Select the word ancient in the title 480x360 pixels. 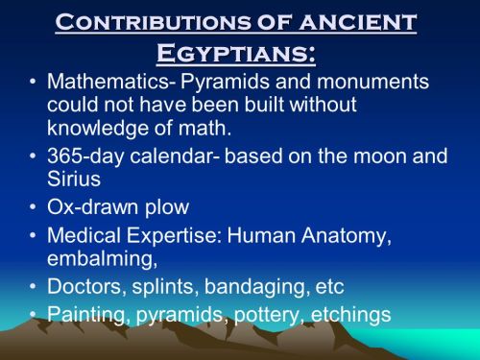358,22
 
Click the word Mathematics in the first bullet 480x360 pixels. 108,82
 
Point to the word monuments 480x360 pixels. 372,82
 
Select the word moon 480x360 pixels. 379,156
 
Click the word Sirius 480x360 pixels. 74,179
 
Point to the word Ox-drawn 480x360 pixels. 92,206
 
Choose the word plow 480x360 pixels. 167,208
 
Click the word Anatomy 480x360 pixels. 347,236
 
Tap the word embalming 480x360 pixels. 103,259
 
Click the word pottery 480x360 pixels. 268,316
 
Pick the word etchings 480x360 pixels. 350,315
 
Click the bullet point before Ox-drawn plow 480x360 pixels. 33,206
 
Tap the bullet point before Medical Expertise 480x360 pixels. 33,235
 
